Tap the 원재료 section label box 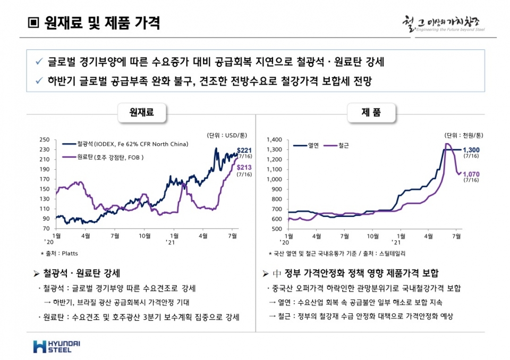141,112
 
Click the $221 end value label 244,150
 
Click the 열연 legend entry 313,145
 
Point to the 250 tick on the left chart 45,140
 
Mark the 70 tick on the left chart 47,229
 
